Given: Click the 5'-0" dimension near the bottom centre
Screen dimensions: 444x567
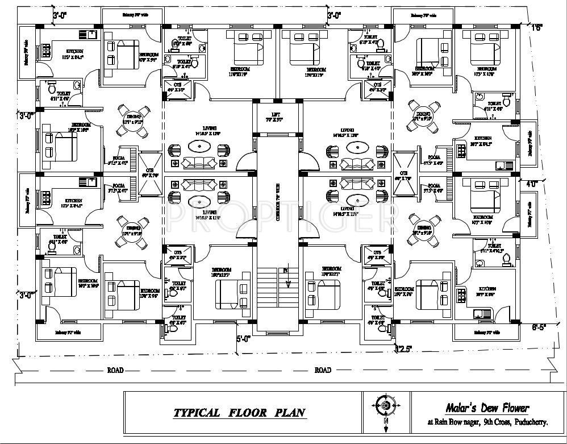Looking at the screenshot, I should coord(243,339).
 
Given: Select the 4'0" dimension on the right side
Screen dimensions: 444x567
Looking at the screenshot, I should coord(531,184).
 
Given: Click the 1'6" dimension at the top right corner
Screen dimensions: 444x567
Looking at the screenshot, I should coord(538,25).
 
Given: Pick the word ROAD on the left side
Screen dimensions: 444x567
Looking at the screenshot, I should coord(115,370).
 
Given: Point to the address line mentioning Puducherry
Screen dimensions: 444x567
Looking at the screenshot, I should coord(487,422).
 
